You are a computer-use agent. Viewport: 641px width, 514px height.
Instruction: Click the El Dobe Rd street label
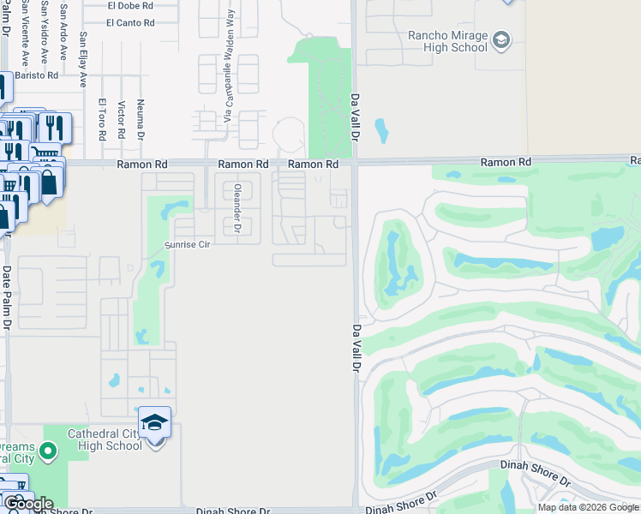pos(130,5)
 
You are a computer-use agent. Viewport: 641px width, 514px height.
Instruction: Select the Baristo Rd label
pos(40,75)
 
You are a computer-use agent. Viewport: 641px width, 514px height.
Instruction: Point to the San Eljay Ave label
pos(83,59)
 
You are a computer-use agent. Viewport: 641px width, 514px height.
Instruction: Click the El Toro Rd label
pos(101,119)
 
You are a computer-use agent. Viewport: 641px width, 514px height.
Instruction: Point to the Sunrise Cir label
pos(187,243)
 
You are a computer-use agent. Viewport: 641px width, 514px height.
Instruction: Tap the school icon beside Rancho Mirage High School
pos(501,39)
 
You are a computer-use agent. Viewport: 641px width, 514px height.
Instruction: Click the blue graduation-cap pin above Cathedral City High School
pos(154,421)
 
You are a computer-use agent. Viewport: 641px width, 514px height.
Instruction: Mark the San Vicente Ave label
pos(25,34)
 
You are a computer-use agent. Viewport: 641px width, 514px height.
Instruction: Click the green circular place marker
pos(48,450)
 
